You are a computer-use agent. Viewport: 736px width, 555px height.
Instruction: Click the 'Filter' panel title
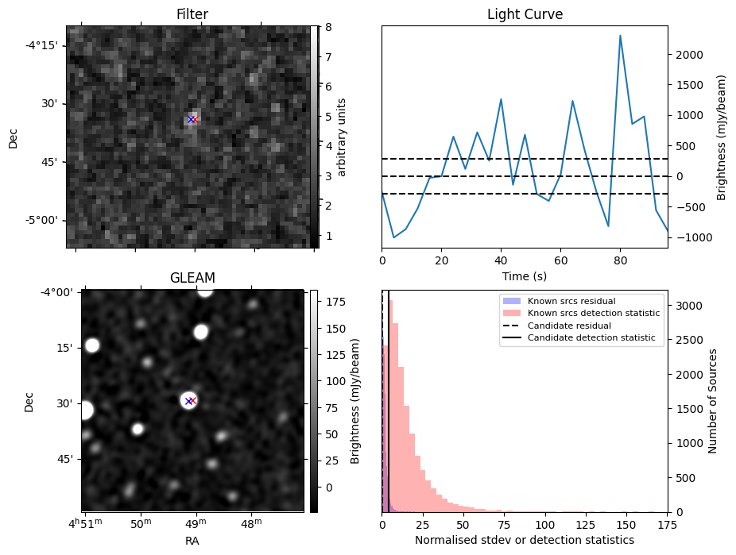(188, 14)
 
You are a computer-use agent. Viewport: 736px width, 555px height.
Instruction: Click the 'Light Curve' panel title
(525, 14)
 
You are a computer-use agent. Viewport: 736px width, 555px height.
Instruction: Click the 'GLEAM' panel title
(192, 278)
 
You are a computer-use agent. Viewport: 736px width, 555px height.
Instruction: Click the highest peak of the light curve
(620, 36)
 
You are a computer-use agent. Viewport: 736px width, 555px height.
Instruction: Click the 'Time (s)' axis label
(525, 276)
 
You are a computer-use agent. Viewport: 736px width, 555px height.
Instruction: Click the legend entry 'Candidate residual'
(566, 326)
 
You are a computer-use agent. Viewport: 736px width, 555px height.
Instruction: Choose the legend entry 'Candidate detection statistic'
(583, 338)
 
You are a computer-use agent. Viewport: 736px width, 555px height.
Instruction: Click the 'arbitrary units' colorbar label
(342, 137)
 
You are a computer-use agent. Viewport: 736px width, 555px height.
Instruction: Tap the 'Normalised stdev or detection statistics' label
(525, 541)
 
